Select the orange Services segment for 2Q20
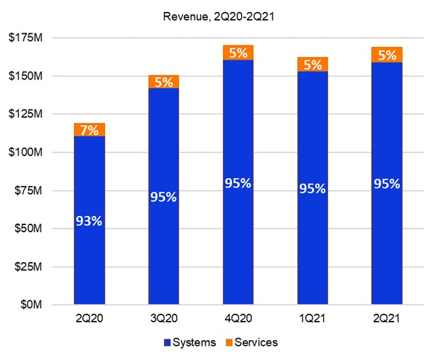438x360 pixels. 90,129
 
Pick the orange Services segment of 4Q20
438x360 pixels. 238,52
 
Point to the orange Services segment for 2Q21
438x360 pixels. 387,55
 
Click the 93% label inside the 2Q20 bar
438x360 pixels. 90,221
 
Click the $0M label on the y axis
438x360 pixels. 28,305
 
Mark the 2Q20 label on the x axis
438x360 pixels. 89,319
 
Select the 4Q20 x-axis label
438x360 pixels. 238,319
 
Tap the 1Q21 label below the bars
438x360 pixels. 312,319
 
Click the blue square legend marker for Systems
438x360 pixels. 168,343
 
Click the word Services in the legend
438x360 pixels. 256,343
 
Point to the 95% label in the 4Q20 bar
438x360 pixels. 238,183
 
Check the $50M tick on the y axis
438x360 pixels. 25,228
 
